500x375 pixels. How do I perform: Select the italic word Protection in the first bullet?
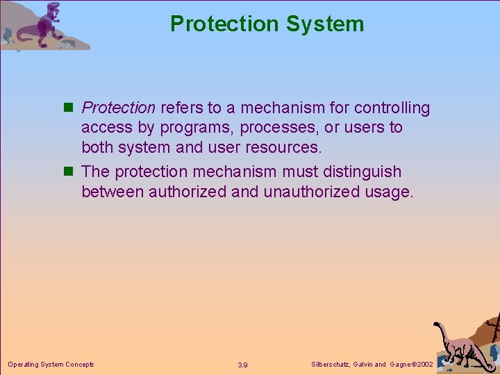118,108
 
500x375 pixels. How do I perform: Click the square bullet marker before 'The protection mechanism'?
71,172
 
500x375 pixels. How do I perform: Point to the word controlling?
392,108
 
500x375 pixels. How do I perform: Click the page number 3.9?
243,365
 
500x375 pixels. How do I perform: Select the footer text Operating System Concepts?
51,364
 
